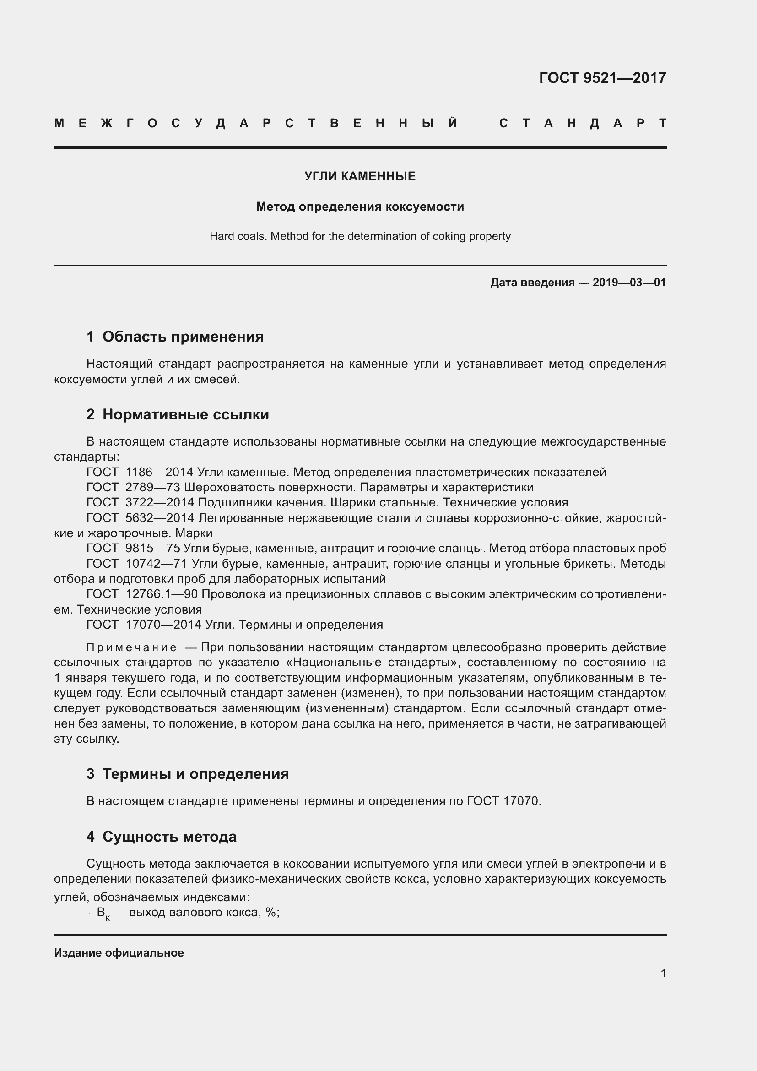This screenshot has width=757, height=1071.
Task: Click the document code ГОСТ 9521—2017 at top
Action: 602,77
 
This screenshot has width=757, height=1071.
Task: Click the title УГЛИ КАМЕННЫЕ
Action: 360,176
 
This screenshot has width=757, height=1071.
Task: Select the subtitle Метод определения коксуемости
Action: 360,207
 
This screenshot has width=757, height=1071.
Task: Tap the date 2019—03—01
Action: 629,282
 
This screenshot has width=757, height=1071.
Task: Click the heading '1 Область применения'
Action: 175,337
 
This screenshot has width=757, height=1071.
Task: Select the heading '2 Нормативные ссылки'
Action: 178,414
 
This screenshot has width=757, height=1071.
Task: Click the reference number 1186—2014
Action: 159,472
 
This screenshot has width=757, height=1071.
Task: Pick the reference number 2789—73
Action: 153,488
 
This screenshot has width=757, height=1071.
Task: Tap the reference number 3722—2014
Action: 159,502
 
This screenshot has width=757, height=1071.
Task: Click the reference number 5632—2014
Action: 159,518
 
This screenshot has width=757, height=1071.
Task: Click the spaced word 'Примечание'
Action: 131,647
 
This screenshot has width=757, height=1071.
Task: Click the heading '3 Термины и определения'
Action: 187,774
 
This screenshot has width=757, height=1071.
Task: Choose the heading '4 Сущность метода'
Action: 161,837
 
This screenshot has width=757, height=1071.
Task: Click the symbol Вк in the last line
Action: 103,913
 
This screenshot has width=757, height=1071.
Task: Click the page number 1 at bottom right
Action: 663,973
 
